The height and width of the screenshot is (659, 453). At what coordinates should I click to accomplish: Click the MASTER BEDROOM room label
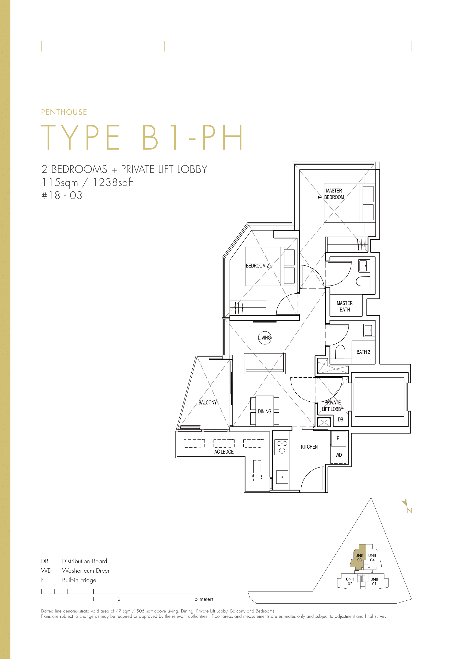pyautogui.click(x=334, y=194)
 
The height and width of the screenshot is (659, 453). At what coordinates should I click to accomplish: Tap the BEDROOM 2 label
pyautogui.click(x=257, y=266)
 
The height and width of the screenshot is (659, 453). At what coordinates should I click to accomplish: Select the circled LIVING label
pyautogui.click(x=265, y=338)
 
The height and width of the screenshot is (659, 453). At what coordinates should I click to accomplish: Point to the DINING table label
pyautogui.click(x=265, y=411)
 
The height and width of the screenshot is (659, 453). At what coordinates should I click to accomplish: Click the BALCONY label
pyautogui.click(x=208, y=403)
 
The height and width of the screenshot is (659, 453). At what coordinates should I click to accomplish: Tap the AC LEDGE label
pyautogui.click(x=224, y=452)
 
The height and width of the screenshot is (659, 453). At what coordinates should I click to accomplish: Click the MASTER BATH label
pyautogui.click(x=345, y=306)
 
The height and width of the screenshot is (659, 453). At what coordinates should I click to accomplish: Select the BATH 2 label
pyautogui.click(x=363, y=352)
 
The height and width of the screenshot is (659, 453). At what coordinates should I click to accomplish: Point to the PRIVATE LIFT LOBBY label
pyautogui.click(x=332, y=406)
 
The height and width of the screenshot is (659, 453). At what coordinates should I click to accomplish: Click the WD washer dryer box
pyautogui.click(x=339, y=455)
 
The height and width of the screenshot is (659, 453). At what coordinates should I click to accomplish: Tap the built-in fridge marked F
pyautogui.click(x=338, y=439)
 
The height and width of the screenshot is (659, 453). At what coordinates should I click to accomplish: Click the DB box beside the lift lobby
pyautogui.click(x=341, y=420)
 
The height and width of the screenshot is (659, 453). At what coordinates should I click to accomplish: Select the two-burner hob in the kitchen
pyautogui.click(x=282, y=447)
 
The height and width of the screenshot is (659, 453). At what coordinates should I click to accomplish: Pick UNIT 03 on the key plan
pyautogui.click(x=359, y=558)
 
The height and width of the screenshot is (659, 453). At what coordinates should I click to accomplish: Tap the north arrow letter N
pyautogui.click(x=409, y=510)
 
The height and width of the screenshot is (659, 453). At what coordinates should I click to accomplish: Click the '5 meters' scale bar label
pyautogui.click(x=204, y=599)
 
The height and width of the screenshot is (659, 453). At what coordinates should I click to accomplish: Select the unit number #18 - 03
pyautogui.click(x=62, y=195)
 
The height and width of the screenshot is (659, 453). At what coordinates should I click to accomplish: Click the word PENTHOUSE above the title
pyautogui.click(x=64, y=112)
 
